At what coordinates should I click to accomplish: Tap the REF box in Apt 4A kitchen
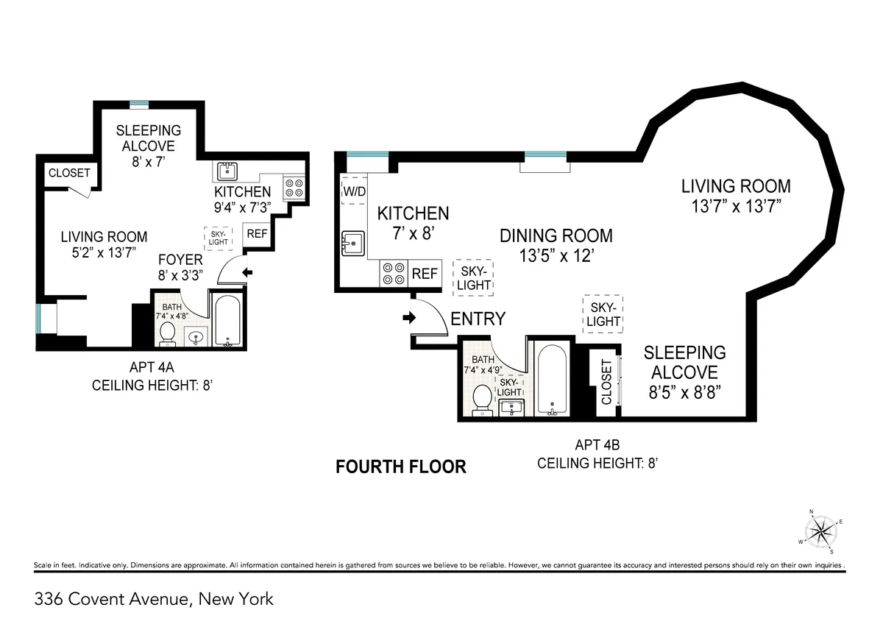coord(257,234)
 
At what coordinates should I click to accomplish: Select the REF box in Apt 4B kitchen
coord(425,274)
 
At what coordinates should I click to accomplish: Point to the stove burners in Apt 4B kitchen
coord(393,274)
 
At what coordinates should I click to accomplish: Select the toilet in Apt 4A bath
coord(167,333)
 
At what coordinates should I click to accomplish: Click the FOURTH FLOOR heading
coord(401,467)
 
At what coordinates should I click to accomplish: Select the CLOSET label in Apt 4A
coord(69,173)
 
